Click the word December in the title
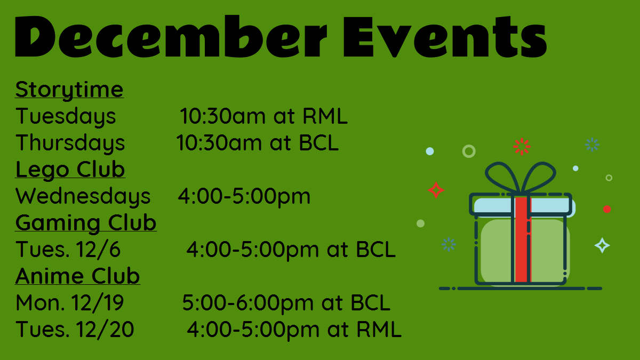(x=171, y=36)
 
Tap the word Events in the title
(x=445, y=36)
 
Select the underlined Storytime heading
(x=69, y=90)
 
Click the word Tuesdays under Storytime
(x=66, y=116)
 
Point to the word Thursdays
(x=70, y=143)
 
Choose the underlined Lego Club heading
(x=70, y=170)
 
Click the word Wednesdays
(x=83, y=196)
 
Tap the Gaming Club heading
(x=86, y=222)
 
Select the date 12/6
(x=98, y=250)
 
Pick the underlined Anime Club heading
(x=77, y=276)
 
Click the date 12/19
(x=98, y=302)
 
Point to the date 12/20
(x=105, y=329)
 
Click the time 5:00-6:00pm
(x=247, y=303)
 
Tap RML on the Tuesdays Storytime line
(x=325, y=116)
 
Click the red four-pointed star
(x=436, y=190)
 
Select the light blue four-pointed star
(x=602, y=245)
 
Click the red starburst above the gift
(x=522, y=147)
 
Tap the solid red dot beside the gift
(x=607, y=209)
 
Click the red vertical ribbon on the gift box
(x=522, y=239)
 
